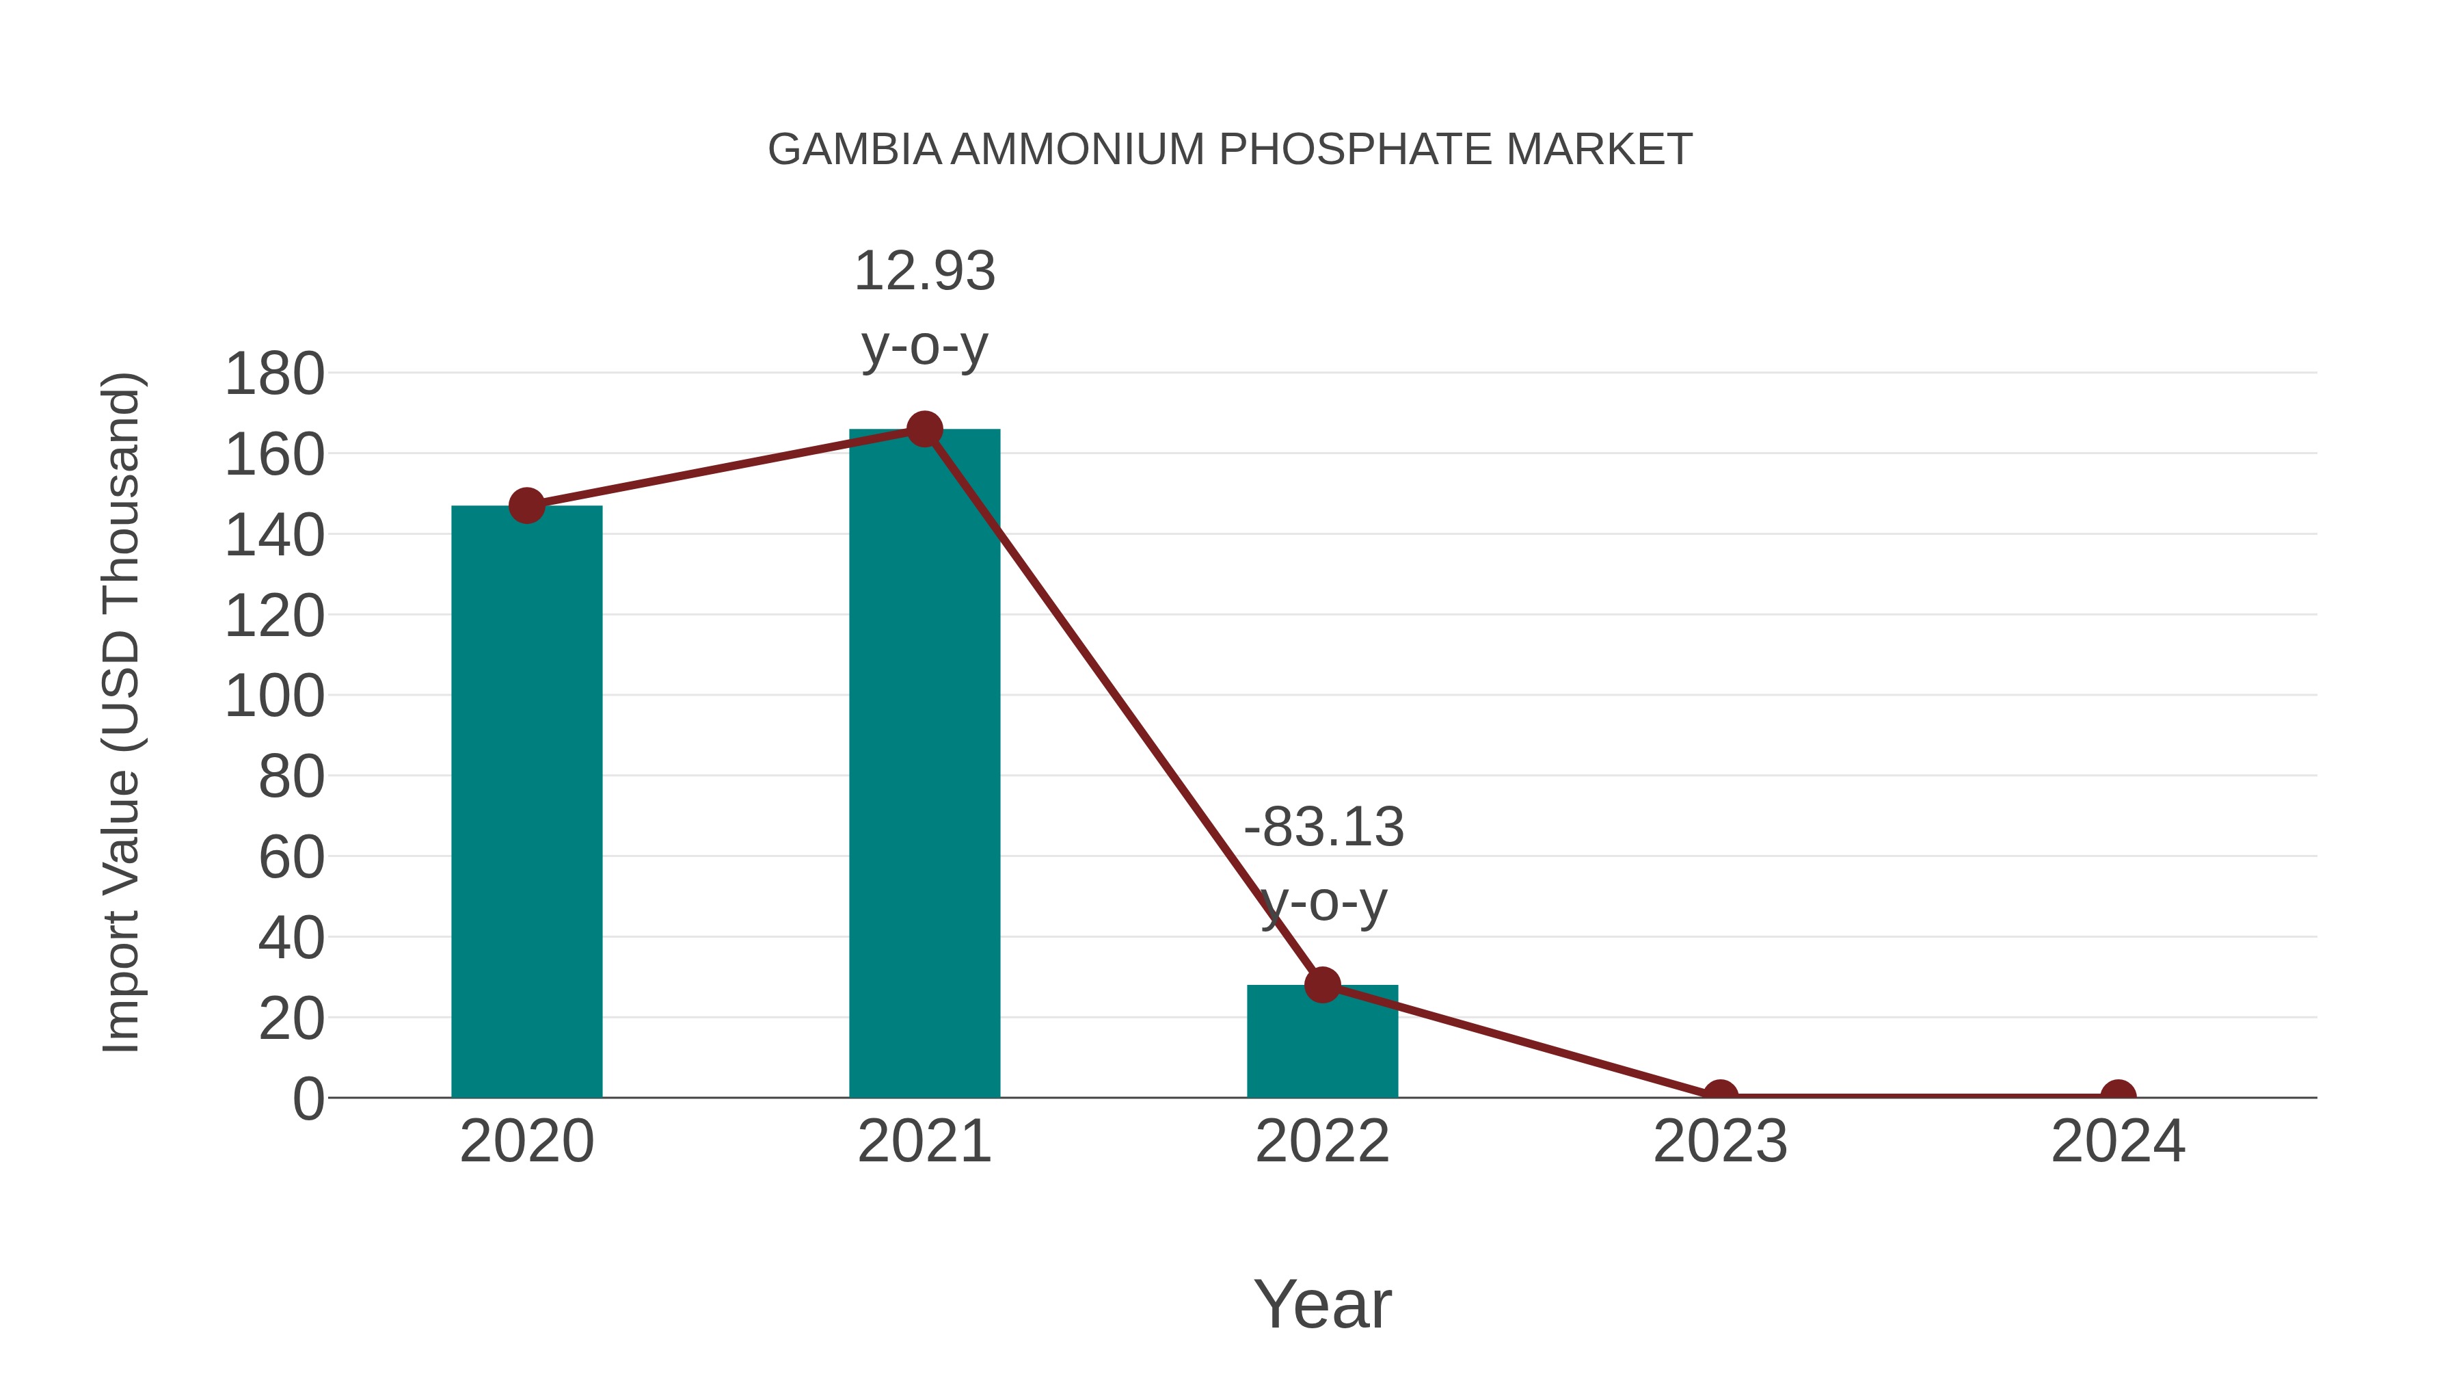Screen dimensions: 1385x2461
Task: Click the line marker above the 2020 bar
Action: [526, 505]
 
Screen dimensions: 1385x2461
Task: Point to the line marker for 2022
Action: [1322, 984]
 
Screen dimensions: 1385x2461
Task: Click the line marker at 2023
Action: [1720, 1096]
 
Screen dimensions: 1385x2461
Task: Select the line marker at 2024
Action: [2118, 1096]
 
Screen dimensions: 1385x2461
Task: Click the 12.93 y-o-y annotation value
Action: [924, 272]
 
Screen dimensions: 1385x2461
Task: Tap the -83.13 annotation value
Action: [1323, 828]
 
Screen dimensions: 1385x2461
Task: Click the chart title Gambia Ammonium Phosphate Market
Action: [1230, 150]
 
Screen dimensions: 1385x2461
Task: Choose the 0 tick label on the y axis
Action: [308, 1099]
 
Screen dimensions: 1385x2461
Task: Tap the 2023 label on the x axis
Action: [1720, 1142]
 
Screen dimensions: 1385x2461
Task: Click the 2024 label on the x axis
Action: [2118, 1142]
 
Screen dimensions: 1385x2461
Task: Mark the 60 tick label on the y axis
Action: [291, 858]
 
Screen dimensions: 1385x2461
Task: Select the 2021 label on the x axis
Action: [924, 1142]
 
